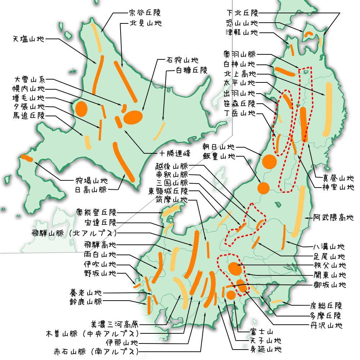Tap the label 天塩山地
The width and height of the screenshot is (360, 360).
tap(28, 39)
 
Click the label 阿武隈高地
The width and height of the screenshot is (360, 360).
tap(333, 217)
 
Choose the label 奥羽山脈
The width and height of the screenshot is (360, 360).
tap(239, 54)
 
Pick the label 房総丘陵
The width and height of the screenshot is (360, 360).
tap(326, 306)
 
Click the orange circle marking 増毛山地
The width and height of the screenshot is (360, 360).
tap(81, 108)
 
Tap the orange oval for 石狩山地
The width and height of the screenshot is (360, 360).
tap(133, 117)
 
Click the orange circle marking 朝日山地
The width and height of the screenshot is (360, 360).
tap(269, 162)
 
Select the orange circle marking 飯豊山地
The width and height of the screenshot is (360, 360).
tap(264, 188)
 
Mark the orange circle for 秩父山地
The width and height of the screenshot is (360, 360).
tap(235, 268)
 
